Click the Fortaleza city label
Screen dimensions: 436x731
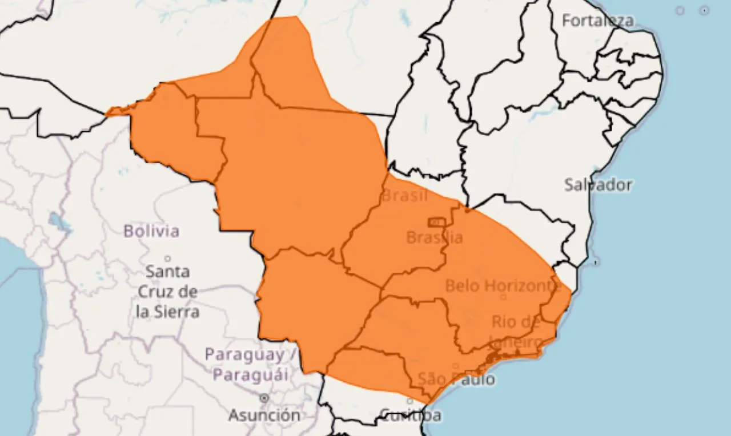597,21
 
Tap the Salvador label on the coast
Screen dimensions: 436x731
598,185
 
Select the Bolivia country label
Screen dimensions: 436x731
151,231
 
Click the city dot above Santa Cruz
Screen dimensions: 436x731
167,258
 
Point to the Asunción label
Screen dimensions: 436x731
264,415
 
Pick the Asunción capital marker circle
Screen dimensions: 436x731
264,398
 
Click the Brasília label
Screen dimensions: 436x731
434,237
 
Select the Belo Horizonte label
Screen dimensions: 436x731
500,285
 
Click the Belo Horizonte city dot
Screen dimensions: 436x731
503,297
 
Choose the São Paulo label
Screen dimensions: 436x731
456,379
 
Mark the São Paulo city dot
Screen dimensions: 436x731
455,366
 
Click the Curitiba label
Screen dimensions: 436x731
410,415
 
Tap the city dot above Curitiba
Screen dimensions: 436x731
409,401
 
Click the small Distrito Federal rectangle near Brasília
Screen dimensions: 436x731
437,221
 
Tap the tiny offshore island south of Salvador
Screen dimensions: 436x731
596,263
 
